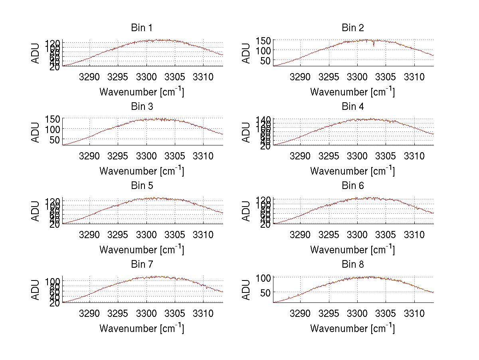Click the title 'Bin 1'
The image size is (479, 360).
pos(141,28)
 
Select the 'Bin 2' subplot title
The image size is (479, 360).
pos(352,28)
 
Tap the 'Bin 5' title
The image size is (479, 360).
pos(141,185)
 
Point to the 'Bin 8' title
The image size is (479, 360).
pos(352,264)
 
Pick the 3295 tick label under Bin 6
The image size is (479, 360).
pos(329,234)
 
